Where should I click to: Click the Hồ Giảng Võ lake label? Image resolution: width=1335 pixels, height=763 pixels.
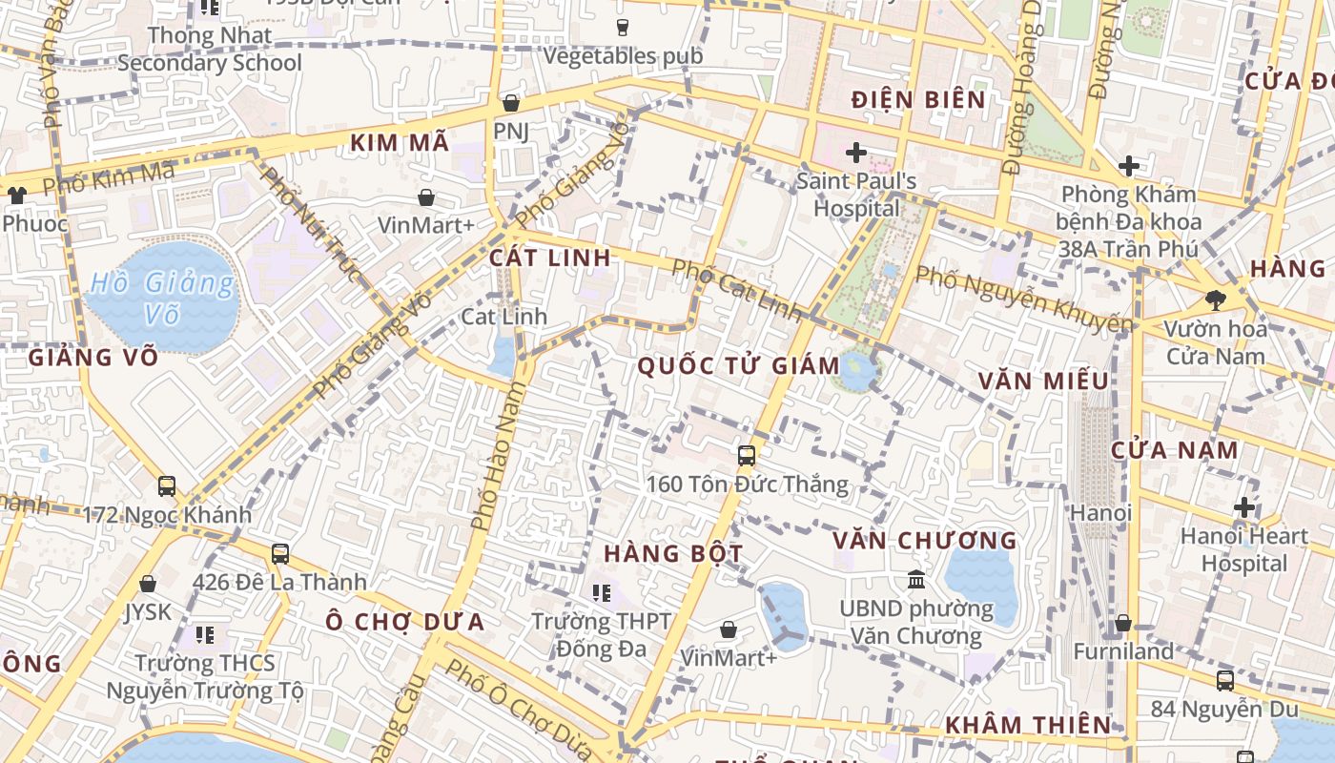(x=162, y=298)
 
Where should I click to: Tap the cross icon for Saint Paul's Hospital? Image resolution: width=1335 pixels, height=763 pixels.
(x=855, y=153)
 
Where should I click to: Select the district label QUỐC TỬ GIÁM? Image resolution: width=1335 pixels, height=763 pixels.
(x=738, y=365)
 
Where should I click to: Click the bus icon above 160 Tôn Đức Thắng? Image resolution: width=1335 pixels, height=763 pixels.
(x=746, y=456)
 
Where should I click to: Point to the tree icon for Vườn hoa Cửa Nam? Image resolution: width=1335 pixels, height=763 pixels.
(x=1215, y=300)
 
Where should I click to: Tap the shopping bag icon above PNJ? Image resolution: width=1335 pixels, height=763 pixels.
(x=511, y=103)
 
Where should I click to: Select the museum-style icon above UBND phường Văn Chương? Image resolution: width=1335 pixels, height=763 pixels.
(x=916, y=579)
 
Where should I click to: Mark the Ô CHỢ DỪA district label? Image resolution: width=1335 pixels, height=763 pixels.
(x=404, y=622)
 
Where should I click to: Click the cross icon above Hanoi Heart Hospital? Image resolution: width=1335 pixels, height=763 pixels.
(x=1243, y=507)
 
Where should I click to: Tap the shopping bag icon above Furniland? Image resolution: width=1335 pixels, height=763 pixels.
(x=1123, y=623)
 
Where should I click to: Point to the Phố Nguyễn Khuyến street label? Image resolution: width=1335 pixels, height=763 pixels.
(x=1024, y=299)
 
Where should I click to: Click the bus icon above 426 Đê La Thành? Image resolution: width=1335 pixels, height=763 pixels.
(x=279, y=553)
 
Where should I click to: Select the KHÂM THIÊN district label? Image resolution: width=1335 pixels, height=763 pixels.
(x=1028, y=725)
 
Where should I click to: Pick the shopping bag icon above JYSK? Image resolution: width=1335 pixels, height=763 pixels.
(x=148, y=584)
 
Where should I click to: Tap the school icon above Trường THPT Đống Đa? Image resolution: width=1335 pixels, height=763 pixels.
(x=601, y=593)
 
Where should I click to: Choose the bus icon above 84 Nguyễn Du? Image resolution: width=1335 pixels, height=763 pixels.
(x=1224, y=681)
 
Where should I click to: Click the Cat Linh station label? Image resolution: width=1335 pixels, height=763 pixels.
(x=503, y=316)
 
